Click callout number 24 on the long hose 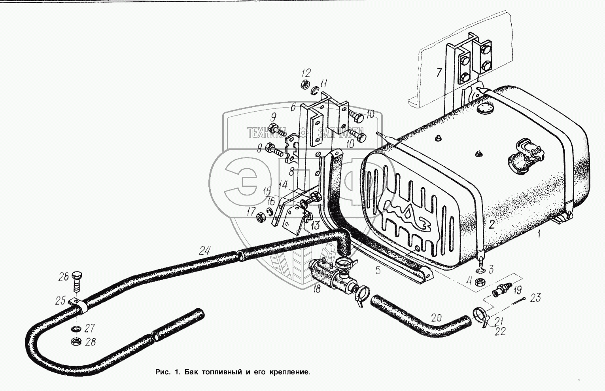click(204, 251)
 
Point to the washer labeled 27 click(76, 329)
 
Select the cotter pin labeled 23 click(514, 302)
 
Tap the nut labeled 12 click(305, 85)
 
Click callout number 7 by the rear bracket click(439, 72)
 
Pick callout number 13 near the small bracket click(315, 225)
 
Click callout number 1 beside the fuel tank click(539, 233)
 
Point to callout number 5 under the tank click(378, 270)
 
